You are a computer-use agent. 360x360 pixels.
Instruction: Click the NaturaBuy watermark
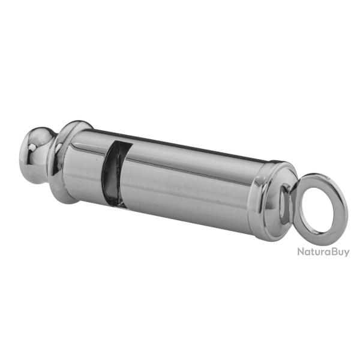click(323, 251)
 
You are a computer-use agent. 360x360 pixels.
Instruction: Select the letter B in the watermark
click(332, 251)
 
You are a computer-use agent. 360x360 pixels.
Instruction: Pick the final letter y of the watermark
click(347, 253)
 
